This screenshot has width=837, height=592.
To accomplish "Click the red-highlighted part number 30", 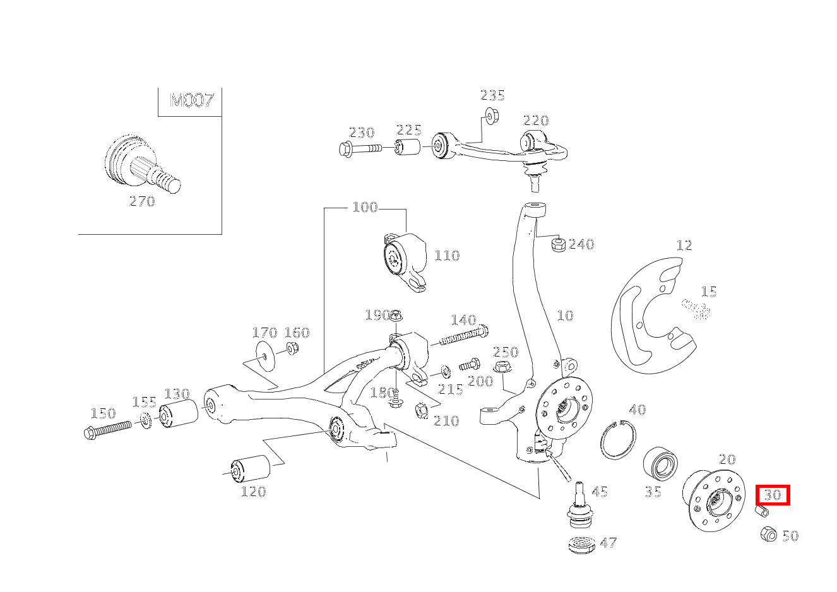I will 773,495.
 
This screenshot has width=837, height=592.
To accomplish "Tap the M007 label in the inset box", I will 192,100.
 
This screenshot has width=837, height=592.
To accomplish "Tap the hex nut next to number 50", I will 768,533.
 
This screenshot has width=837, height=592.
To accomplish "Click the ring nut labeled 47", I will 582,544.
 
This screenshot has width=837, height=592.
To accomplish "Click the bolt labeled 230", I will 360,149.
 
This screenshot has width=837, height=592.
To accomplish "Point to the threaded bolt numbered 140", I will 462,337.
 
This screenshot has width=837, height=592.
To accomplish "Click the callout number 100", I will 364,207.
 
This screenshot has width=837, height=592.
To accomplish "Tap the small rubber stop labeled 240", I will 557,244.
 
